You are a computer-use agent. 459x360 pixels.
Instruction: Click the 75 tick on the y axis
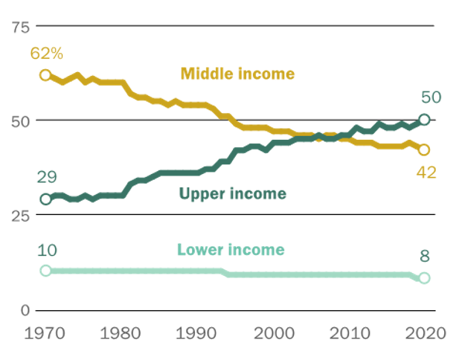(19, 26)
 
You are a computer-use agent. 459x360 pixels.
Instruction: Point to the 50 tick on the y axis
(19, 120)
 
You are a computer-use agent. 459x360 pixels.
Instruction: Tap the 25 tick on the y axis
(19, 215)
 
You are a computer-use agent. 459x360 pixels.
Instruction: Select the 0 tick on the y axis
(24, 309)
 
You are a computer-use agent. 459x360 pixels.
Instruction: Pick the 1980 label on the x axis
(122, 332)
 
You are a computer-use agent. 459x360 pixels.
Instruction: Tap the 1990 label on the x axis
(198, 332)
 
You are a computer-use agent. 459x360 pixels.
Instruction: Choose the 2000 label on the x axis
(273, 332)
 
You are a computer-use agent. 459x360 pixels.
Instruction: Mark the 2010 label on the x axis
(349, 332)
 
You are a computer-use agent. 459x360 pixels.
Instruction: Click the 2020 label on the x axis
(425, 332)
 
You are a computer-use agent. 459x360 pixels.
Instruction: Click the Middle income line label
(237, 74)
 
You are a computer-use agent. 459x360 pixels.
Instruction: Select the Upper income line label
(232, 194)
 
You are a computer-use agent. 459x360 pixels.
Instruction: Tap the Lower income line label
(231, 250)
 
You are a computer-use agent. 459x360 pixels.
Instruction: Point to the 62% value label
(46, 54)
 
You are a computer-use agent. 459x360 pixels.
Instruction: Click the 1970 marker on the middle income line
(46, 75)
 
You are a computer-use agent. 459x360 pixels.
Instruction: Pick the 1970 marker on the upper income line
(46, 199)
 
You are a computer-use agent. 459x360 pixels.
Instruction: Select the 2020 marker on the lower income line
(424, 278)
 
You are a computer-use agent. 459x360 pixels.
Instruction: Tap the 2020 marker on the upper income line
(424, 120)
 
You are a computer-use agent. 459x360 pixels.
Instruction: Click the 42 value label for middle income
(426, 173)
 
